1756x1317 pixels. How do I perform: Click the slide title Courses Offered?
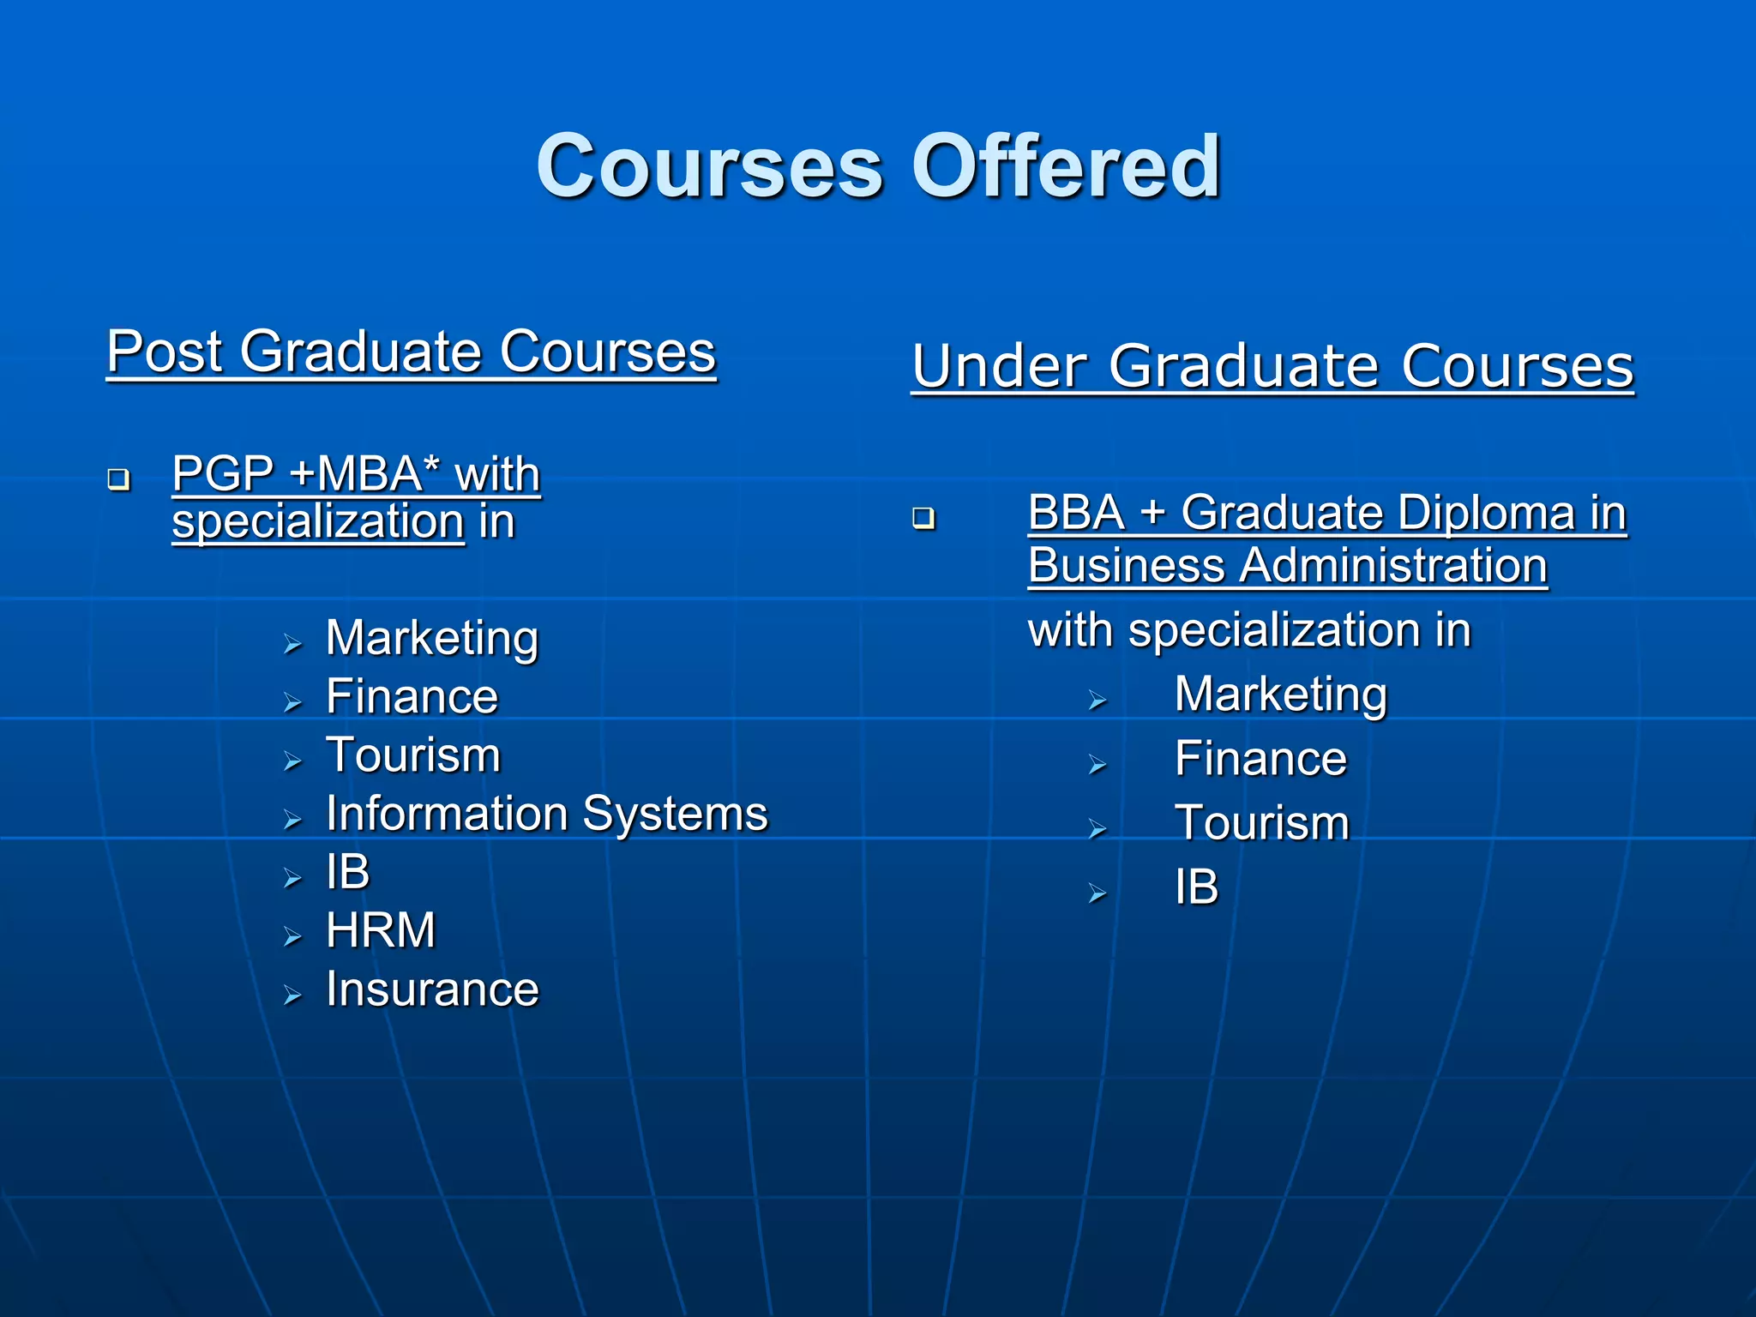[878, 166]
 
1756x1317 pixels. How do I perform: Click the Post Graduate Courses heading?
[411, 352]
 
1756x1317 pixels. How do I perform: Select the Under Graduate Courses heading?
[1272, 366]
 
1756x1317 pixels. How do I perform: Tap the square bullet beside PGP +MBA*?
[118, 478]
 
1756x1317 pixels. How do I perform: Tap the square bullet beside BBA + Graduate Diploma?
[923, 517]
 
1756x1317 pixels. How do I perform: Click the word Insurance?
[432, 989]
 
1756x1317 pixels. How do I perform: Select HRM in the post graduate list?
[381, 930]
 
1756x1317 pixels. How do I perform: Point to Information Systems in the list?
[546, 814]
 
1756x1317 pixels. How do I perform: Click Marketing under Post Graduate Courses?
[432, 639]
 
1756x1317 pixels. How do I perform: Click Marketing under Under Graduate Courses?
[1280, 695]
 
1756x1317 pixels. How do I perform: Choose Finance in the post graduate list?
[412, 696]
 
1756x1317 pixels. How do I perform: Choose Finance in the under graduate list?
[1260, 759]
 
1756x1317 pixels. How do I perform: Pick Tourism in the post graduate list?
[412, 755]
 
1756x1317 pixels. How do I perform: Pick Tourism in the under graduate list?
[1261, 823]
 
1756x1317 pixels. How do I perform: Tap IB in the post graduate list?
[347, 872]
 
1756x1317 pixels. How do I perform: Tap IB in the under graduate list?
[1196, 887]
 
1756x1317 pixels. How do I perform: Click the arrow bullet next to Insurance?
[293, 995]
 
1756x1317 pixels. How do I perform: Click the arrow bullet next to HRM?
[293, 936]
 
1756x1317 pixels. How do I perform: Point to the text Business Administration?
[1287, 566]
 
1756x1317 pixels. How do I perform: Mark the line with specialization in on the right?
[1249, 630]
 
